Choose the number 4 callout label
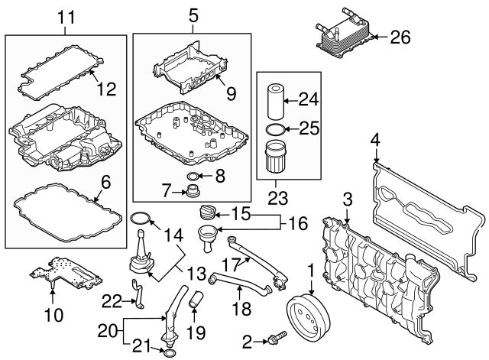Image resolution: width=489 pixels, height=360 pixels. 375,139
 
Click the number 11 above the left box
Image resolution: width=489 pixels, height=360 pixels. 64,15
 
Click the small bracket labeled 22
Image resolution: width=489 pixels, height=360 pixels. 138,294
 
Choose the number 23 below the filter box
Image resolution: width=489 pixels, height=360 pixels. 277,198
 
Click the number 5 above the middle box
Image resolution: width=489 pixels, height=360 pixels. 193,15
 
